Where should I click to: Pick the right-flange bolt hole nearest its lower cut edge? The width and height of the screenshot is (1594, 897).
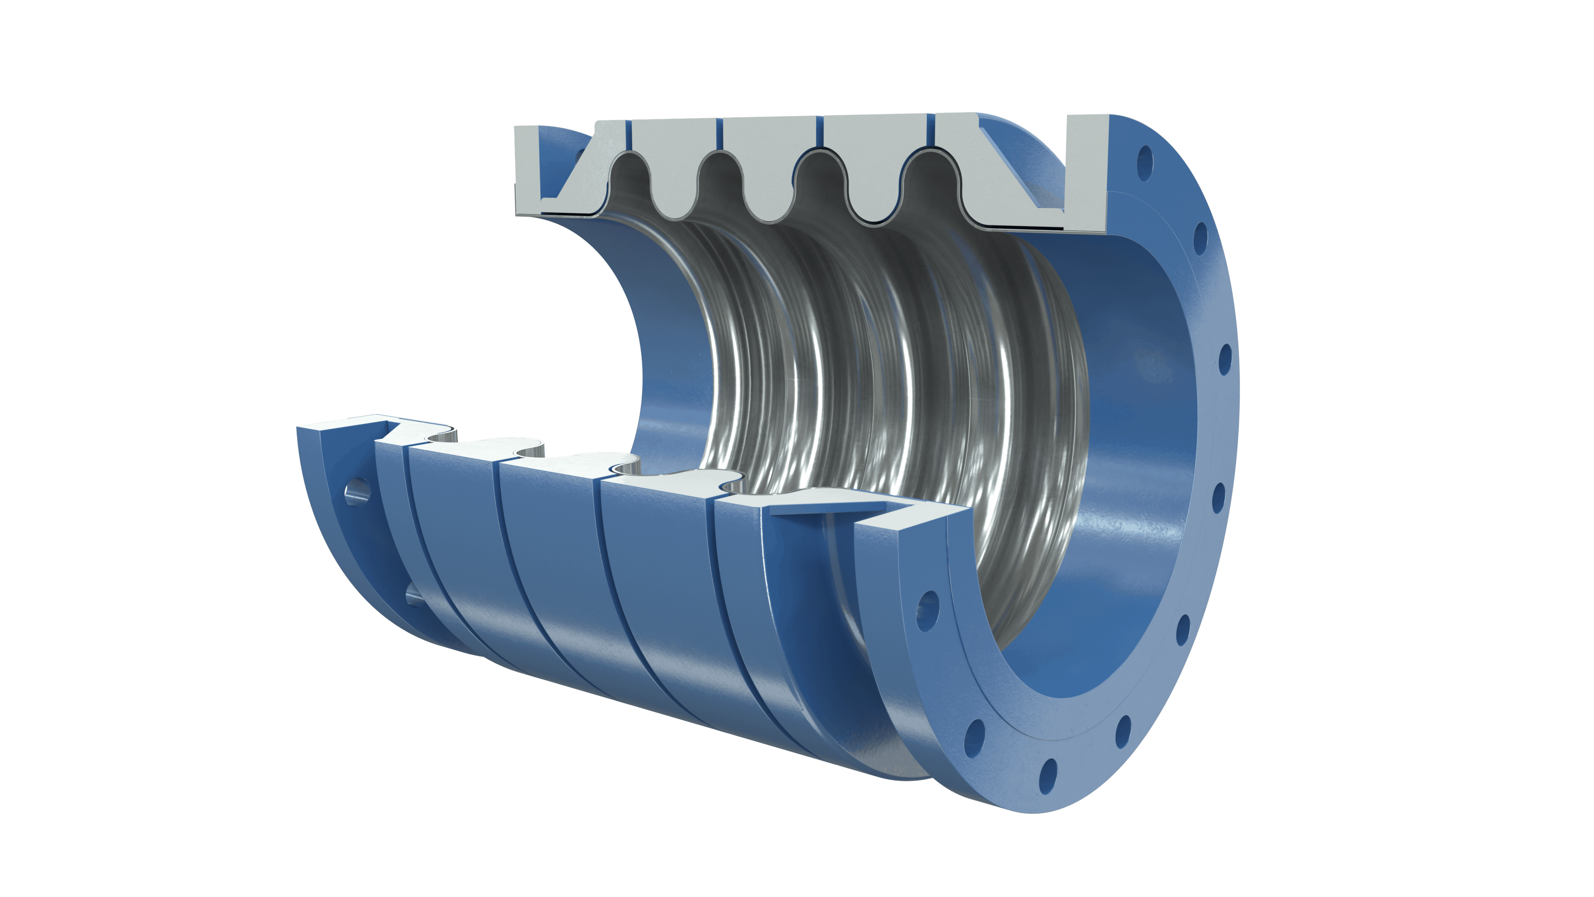[927, 602]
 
